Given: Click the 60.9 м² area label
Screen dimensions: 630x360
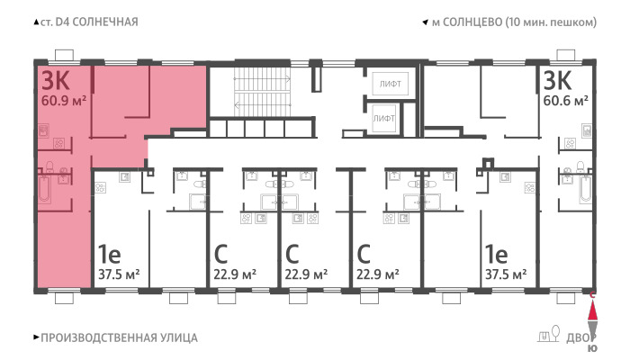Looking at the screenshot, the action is (64, 101).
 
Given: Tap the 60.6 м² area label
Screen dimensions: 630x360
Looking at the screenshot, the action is (566, 101).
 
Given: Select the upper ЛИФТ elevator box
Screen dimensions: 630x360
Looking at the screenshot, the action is (390, 84).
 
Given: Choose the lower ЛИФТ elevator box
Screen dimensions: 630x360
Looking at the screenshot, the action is (383, 119).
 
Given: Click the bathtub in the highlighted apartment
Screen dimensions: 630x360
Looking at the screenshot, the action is (44, 189).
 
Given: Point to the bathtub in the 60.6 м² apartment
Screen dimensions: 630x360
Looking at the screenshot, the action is (585, 189).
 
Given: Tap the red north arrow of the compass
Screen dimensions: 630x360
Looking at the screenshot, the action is (592, 310).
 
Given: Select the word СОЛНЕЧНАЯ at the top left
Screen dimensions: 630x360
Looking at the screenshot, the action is (105, 22).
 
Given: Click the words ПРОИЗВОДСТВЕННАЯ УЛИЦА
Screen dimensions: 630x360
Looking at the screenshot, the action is (119, 337).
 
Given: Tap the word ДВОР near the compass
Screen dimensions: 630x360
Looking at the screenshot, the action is (581, 338).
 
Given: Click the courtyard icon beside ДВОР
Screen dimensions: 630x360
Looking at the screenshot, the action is (549, 334).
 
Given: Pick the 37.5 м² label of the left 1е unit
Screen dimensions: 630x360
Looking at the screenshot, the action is (119, 274).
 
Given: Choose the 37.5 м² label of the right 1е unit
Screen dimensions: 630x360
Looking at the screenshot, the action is (506, 274).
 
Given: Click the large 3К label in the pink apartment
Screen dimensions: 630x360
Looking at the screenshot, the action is (56, 81).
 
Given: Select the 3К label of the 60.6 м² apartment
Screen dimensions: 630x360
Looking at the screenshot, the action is (557, 80).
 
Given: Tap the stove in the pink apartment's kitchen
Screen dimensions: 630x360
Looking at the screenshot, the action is (59, 143).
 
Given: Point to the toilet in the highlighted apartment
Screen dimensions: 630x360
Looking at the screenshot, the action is (49, 166).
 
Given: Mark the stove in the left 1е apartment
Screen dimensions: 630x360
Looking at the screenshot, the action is (101, 187).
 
